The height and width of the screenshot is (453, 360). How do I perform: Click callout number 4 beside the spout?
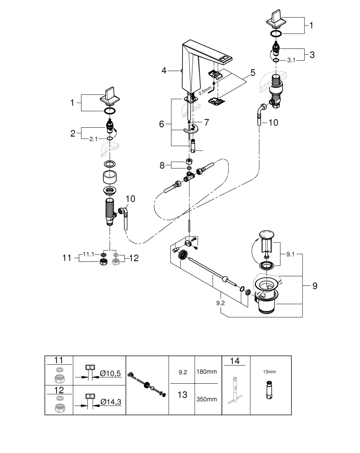164,70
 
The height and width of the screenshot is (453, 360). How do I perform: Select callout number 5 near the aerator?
253,72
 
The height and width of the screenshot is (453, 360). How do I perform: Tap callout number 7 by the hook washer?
207,122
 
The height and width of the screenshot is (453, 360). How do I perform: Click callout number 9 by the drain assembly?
314,286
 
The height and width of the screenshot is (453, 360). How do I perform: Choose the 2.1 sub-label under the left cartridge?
93,139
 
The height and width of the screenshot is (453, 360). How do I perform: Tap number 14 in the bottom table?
235,361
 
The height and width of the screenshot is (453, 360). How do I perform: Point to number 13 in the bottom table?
182,395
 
